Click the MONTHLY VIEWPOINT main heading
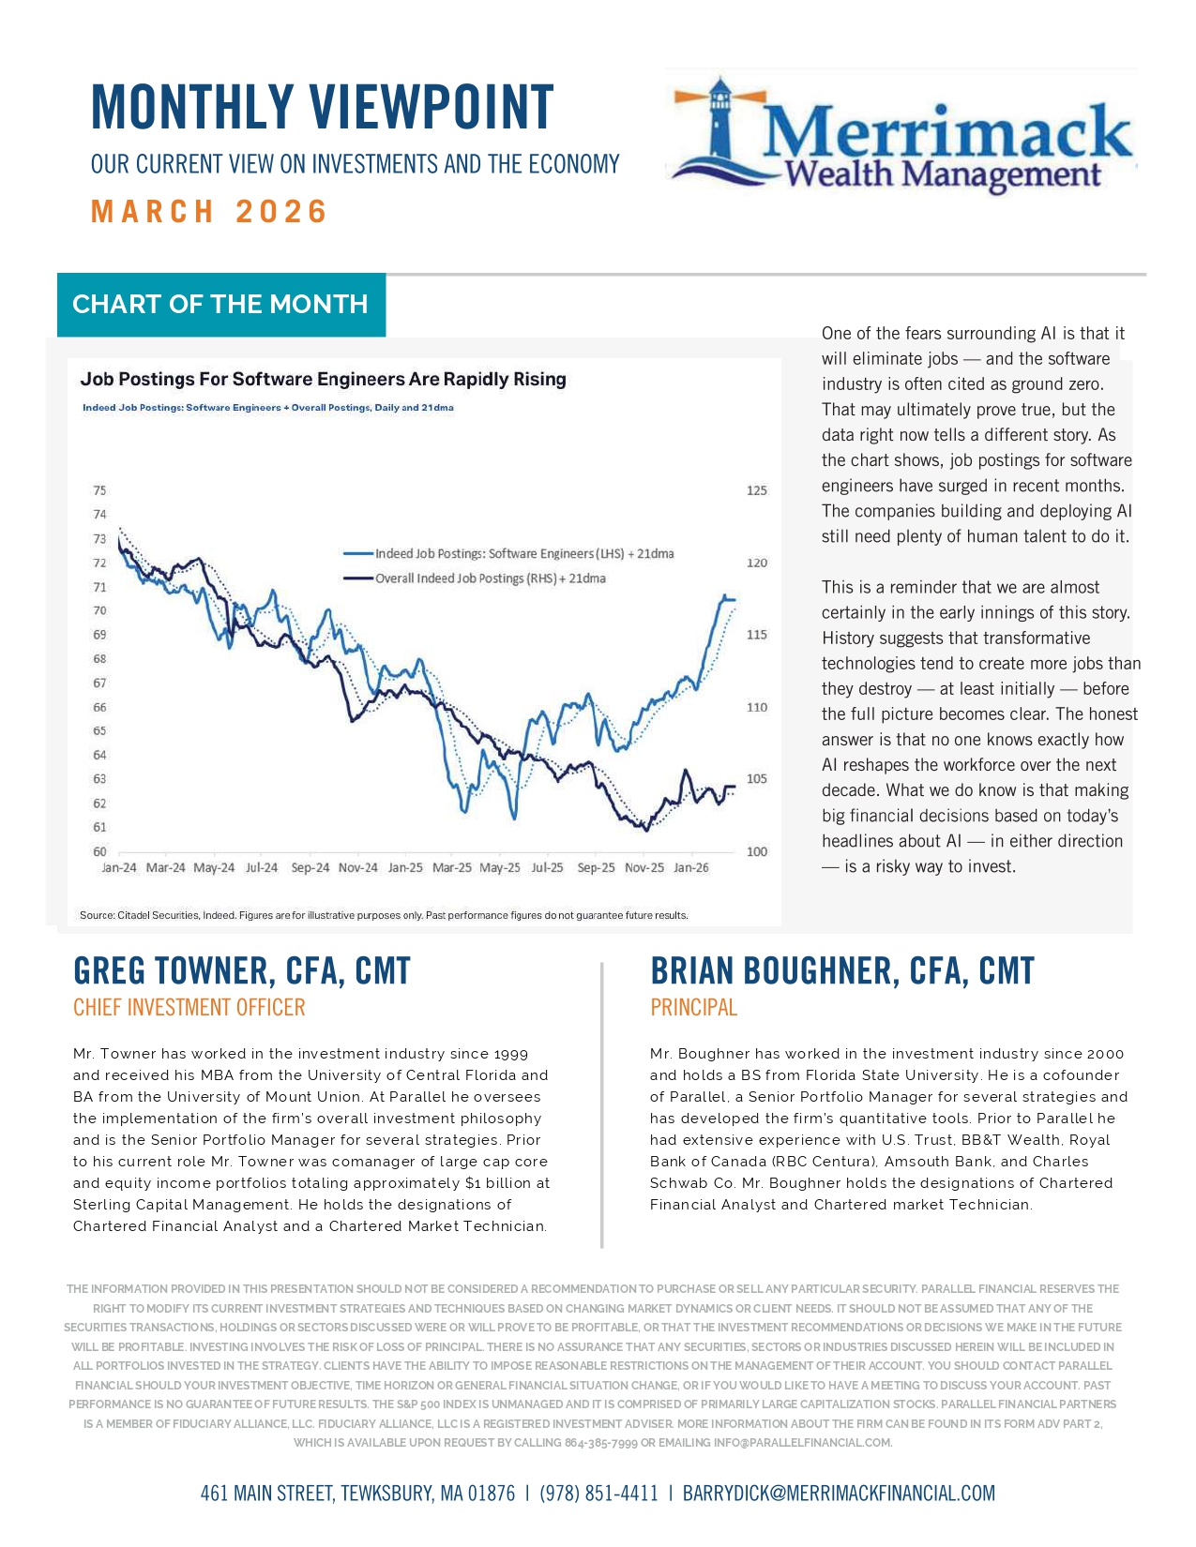click(322, 107)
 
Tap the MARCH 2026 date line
click(209, 212)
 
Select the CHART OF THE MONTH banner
click(220, 305)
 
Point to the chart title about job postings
click(323, 380)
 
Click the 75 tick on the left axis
click(99, 490)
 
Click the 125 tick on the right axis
click(756, 490)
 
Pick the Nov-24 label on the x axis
click(357, 868)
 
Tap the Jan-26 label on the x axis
click(691, 868)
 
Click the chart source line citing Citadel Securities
click(384, 915)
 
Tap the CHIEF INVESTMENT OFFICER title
click(189, 1008)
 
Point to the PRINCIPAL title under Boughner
click(694, 1008)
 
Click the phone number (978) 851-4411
click(598, 1494)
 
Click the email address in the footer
click(839, 1494)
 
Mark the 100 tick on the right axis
click(756, 852)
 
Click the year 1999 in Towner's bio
click(511, 1054)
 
